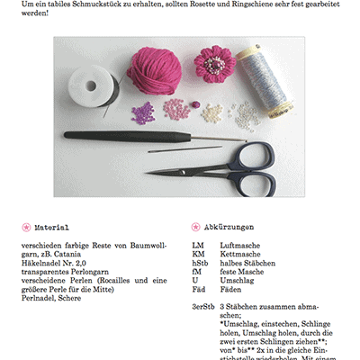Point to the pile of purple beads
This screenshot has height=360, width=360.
pyautogui.click(x=141, y=112)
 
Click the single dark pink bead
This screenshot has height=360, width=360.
pyautogui.click(x=192, y=106)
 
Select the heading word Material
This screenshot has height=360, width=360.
pyautogui.click(x=51, y=228)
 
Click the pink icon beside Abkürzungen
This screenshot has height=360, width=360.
pyautogui.click(x=196, y=228)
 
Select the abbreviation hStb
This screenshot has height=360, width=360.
pyautogui.click(x=201, y=262)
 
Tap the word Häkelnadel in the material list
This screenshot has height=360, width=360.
pyautogui.click(x=43, y=262)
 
